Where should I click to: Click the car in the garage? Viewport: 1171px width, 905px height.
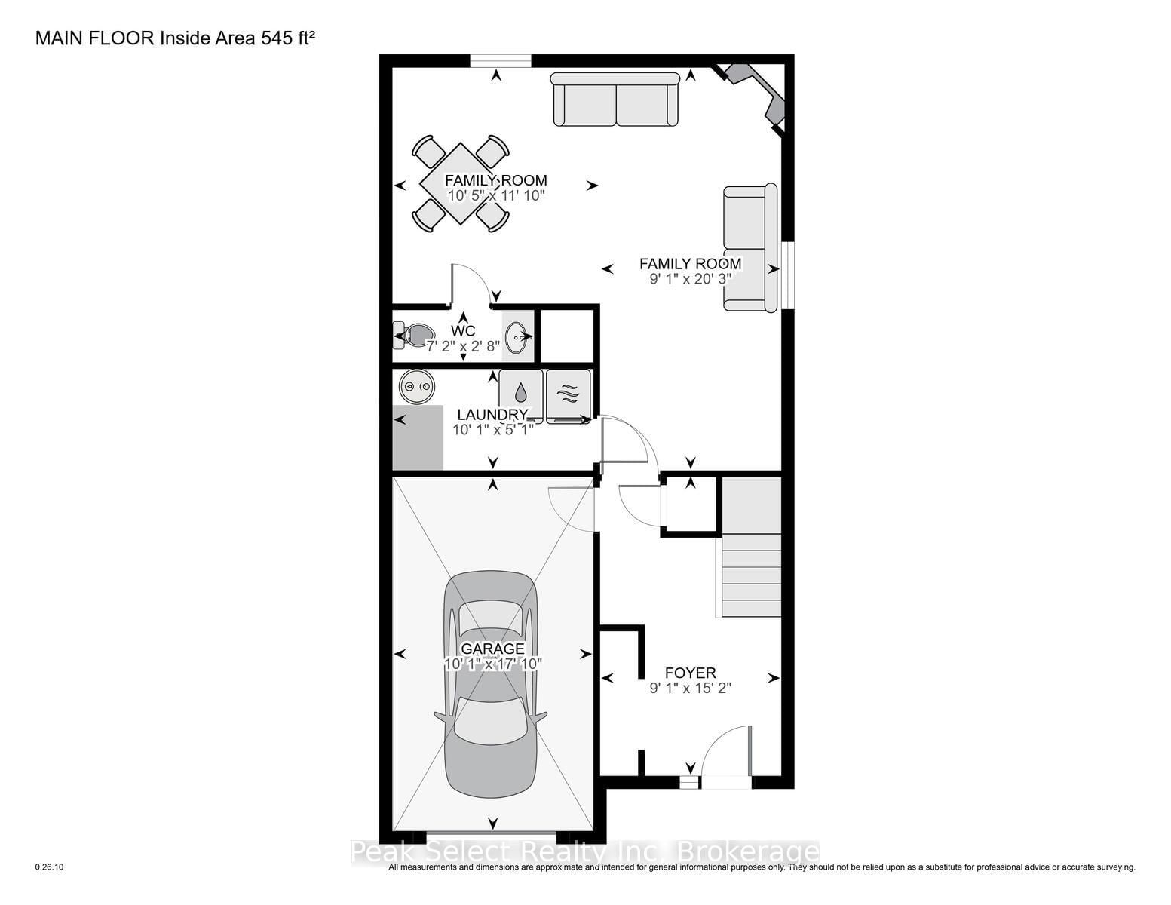490,684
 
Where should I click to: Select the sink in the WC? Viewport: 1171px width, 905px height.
518,337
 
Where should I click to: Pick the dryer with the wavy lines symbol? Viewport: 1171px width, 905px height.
569,396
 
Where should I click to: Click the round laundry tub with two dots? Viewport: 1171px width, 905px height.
416,386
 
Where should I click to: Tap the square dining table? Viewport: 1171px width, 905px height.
460,183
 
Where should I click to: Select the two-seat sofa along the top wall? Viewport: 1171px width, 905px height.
615,100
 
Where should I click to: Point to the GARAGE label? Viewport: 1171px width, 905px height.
492,649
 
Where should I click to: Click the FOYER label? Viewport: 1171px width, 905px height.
691,673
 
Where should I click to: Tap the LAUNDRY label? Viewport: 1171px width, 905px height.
492,415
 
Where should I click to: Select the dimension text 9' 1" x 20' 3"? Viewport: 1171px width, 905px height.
691,279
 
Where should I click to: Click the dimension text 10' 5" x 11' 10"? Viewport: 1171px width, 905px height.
496,195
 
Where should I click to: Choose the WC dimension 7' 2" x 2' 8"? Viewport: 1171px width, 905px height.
464,346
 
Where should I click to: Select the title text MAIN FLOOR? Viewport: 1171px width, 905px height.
95,38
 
